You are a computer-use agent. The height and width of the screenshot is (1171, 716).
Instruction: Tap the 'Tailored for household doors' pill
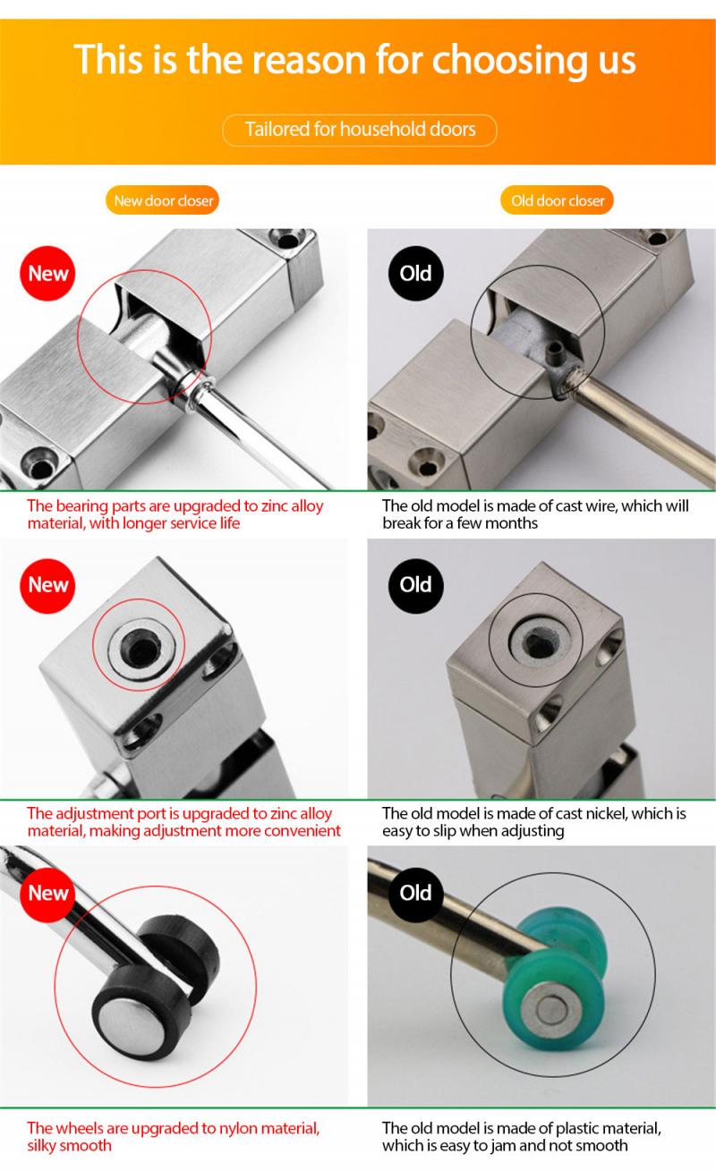[x=360, y=130]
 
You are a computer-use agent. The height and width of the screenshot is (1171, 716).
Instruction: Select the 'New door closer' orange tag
[x=163, y=200]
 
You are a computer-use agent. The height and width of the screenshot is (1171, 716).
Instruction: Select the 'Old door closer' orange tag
[x=557, y=200]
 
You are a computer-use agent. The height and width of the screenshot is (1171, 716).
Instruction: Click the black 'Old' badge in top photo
[x=415, y=273]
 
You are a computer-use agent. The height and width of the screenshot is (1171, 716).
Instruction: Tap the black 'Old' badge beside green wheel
[x=415, y=892]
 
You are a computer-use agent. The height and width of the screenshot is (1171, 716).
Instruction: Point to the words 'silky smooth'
[x=70, y=1146]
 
